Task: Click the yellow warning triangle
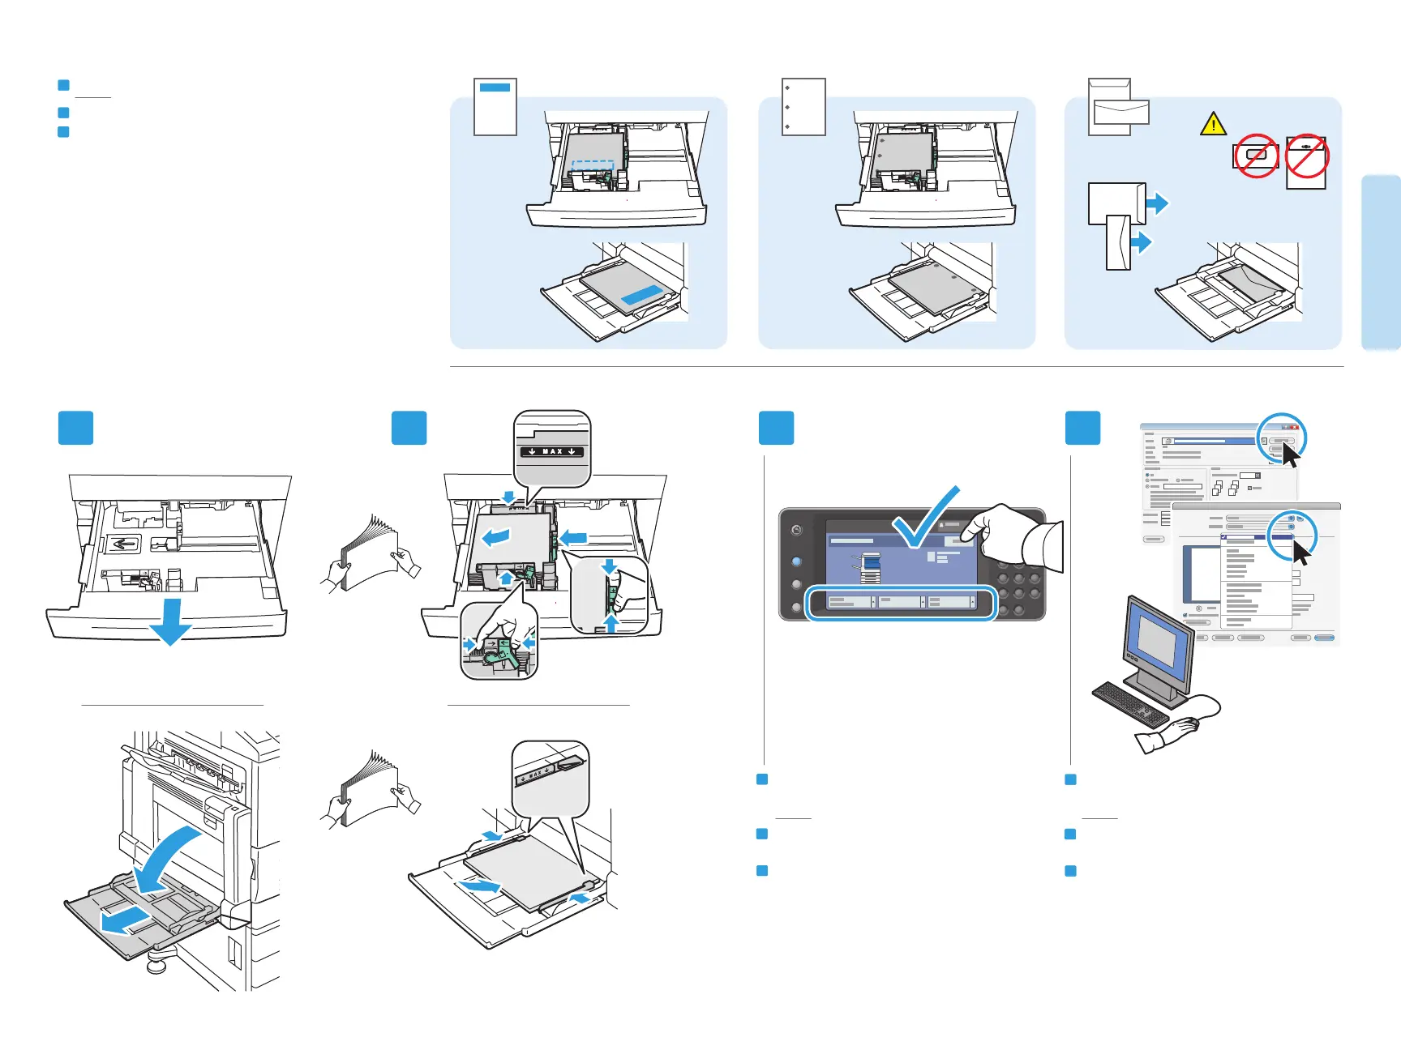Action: [1213, 124]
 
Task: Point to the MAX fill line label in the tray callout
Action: [552, 451]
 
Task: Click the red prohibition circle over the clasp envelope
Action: [1306, 156]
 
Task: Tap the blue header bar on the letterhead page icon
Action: [495, 87]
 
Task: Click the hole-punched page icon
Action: [803, 106]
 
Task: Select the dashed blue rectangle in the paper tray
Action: [593, 169]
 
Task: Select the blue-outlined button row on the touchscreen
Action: [900, 603]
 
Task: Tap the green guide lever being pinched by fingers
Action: [497, 648]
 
